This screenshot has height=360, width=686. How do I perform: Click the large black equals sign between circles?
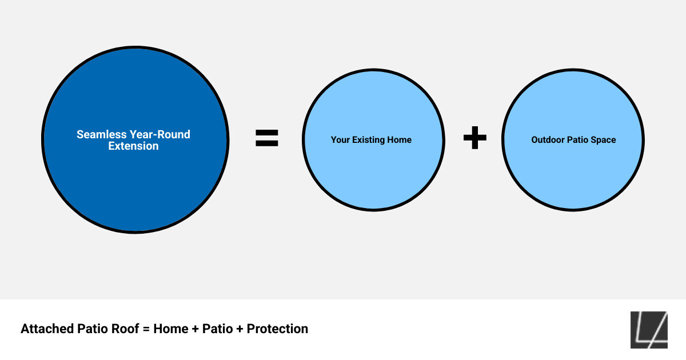click(266, 138)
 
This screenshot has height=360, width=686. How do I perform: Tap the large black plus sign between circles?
click(474, 138)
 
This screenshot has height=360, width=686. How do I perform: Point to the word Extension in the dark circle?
click(133, 146)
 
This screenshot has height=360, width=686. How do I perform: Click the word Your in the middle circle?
click(341, 140)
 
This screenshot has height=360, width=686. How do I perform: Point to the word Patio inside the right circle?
click(579, 140)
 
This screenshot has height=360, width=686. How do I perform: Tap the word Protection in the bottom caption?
click(277, 329)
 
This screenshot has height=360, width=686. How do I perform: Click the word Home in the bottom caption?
click(171, 329)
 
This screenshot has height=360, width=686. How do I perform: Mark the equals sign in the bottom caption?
click(145, 329)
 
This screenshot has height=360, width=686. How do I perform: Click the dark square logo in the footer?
click(649, 330)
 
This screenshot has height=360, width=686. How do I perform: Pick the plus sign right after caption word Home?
click(196, 329)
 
